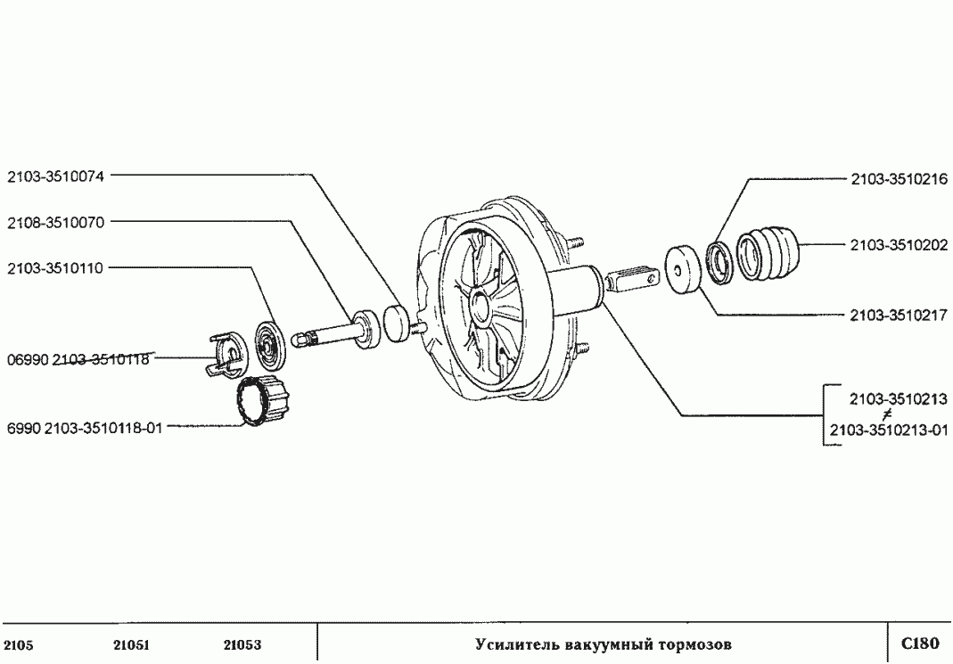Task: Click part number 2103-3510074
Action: (x=55, y=176)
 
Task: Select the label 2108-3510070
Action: (x=55, y=222)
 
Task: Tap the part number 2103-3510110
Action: (x=55, y=267)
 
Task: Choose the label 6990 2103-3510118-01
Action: (x=85, y=427)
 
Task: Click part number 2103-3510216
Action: (x=898, y=179)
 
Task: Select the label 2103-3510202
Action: (x=898, y=244)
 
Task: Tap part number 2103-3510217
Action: (x=898, y=315)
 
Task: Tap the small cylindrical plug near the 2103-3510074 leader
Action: (x=396, y=321)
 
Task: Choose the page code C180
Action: (x=920, y=644)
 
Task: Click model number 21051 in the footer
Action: (x=131, y=645)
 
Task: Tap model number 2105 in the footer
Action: (x=19, y=645)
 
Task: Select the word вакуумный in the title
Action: (x=604, y=644)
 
